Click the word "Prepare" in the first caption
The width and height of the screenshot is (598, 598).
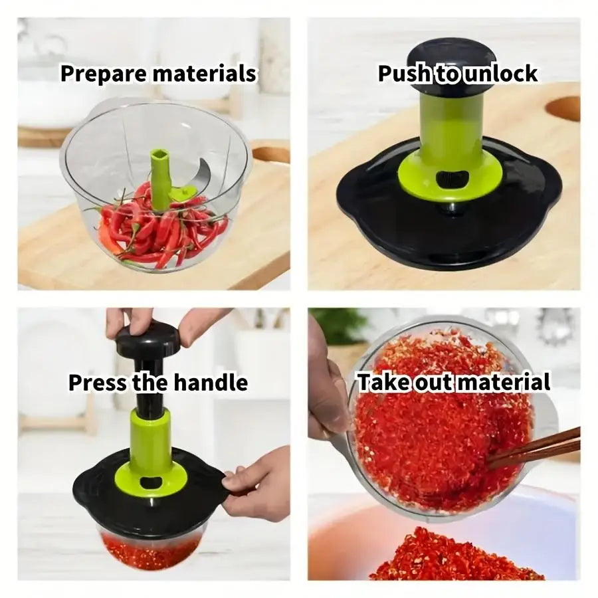[104, 74]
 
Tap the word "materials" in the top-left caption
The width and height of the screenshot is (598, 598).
[204, 74]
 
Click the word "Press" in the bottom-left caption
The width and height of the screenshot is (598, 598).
[97, 383]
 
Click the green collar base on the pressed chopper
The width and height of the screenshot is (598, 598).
[150, 475]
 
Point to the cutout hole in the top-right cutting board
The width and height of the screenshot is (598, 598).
[564, 108]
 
